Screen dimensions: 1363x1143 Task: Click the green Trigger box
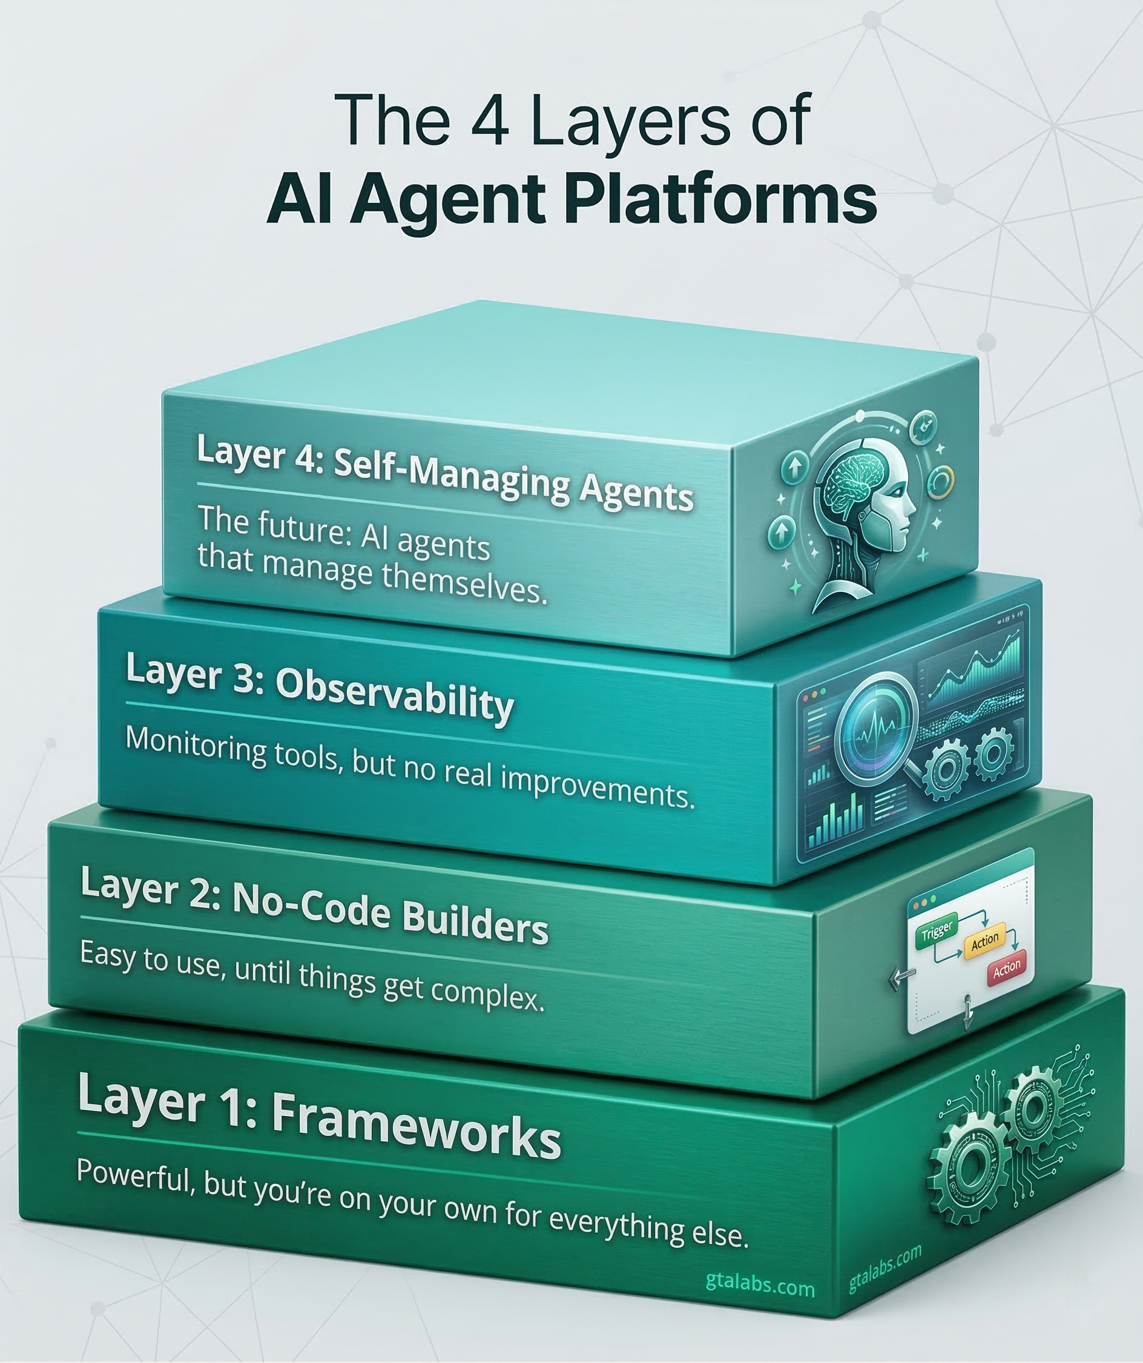[x=937, y=932]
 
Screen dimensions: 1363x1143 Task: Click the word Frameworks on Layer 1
[x=416, y=1129]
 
